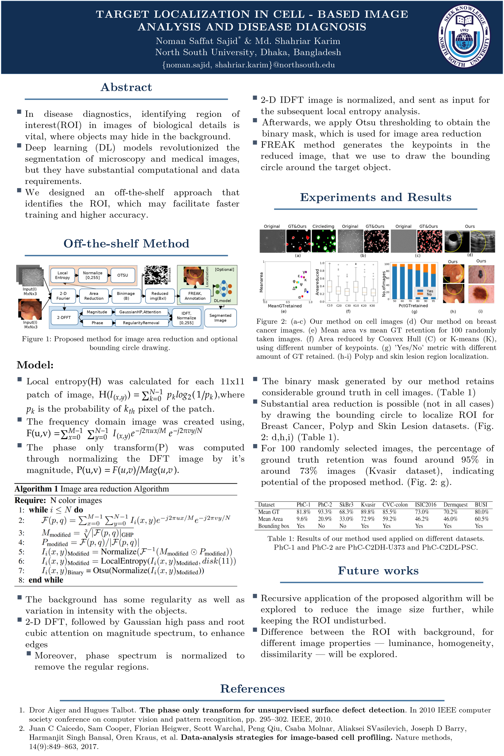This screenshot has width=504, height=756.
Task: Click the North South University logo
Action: pyautogui.click(x=464, y=37)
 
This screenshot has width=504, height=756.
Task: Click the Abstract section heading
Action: pyautogui.click(x=126, y=87)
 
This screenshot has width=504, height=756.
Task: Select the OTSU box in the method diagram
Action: pyautogui.click(x=123, y=275)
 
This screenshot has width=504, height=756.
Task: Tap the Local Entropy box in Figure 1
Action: pyautogui.click(x=62, y=275)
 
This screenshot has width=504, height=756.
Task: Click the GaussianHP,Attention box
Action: pyautogui.click(x=140, y=312)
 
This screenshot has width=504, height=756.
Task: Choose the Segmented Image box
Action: pyautogui.click(x=220, y=318)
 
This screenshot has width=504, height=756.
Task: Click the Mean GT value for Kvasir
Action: pyautogui.click(x=368, y=512)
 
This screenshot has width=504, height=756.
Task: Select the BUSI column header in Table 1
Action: pyautogui.click(x=481, y=504)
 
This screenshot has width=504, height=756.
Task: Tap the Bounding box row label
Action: pyautogui.click(x=274, y=526)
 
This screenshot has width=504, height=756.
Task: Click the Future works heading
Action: pyautogui.click(x=378, y=570)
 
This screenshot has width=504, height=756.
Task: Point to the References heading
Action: pyautogui.click(x=252, y=689)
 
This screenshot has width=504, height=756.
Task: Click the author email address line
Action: pyautogui.click(x=249, y=65)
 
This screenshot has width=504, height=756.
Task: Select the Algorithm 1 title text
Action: pyautogui.click(x=92, y=489)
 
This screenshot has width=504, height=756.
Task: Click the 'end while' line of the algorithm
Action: pyautogui.click(x=46, y=580)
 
